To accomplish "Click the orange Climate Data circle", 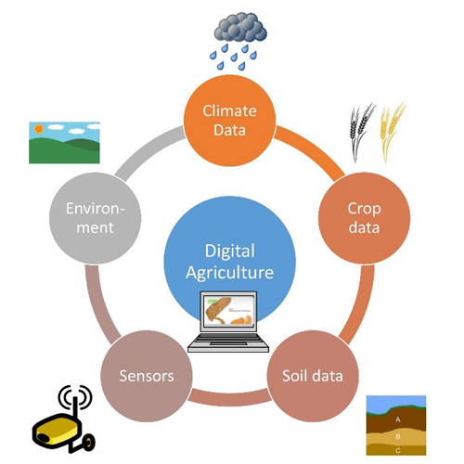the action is [229, 121].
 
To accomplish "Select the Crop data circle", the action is [364, 218].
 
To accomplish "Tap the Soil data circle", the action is [313, 376].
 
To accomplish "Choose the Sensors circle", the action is [147, 376].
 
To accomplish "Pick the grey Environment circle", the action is [96, 218].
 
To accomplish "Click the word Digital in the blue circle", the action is [230, 251].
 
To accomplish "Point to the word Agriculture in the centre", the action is [230, 273].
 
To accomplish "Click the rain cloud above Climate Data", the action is [240, 27].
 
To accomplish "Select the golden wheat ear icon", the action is [392, 132].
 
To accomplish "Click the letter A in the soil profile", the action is [398, 419].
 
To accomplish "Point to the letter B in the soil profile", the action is [398, 436].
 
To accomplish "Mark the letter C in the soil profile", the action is [398, 451].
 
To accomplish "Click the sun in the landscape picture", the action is [39, 128].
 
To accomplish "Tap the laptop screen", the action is [229, 310].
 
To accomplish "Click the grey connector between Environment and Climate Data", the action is [149, 152].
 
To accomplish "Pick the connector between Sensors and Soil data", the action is [229, 397].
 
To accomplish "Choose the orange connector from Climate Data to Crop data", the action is [310, 152].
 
